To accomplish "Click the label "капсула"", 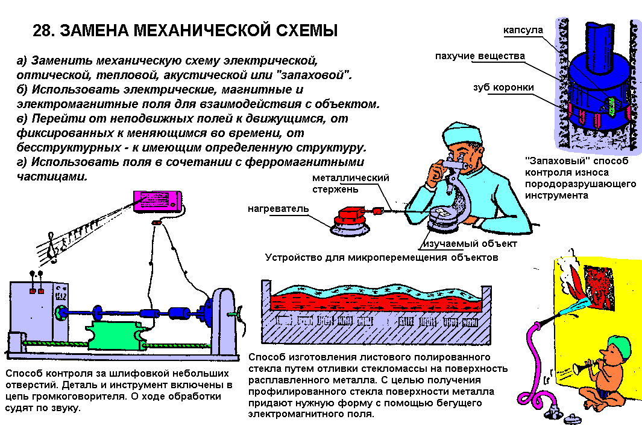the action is pyautogui.click(x=523, y=30).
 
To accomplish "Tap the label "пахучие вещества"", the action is pyautogui.click(x=480, y=56).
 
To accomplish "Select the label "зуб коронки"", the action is pyautogui.click(x=503, y=87).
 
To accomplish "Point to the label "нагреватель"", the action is pyautogui.click(x=278, y=208).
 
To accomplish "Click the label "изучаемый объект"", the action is pyautogui.click(x=470, y=244).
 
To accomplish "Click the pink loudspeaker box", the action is pyautogui.click(x=157, y=201).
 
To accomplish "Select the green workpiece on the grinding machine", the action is pyautogui.click(x=116, y=336).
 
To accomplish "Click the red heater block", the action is pyautogui.click(x=349, y=214).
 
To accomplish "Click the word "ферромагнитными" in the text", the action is pyautogui.click(x=304, y=162).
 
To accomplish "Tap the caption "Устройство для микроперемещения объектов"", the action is pyautogui.click(x=382, y=258).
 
